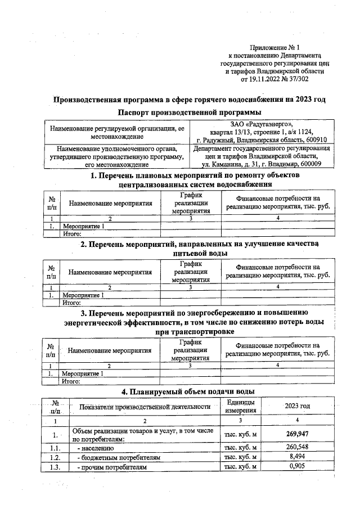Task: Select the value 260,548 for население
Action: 297,448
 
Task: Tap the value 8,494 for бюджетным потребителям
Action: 297,457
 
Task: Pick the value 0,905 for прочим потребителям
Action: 297,467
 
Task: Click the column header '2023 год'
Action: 297,406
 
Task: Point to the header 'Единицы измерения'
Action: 241,406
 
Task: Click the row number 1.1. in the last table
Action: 54,448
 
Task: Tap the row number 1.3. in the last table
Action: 54,467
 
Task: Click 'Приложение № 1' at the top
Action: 275,48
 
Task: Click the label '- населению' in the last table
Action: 99,448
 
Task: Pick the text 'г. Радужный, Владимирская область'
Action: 248,140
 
